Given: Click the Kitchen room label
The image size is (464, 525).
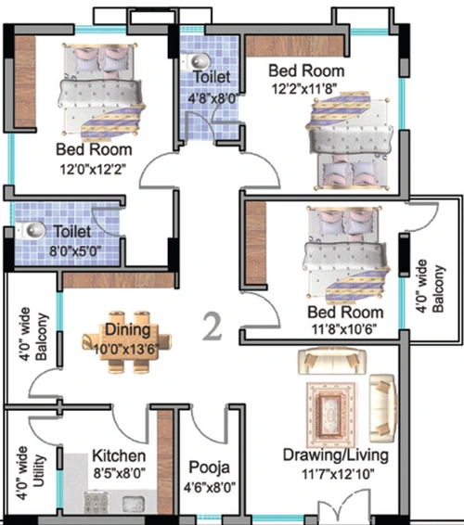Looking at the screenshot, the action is (119, 456).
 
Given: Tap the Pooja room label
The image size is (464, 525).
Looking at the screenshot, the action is (210, 467).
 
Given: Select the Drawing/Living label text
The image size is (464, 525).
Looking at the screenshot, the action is (336, 455).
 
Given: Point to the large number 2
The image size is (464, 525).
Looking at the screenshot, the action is (213, 326).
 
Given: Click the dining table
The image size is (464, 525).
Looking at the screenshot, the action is (126, 342).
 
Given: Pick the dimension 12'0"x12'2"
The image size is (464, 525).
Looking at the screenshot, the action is (93, 170).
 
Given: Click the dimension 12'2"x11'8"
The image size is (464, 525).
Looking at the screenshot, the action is (303, 89).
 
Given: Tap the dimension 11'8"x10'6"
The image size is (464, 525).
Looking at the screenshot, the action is (344, 329).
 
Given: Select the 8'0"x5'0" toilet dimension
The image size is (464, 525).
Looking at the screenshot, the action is (75, 250).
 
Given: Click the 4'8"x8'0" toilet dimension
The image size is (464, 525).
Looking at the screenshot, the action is (213, 98).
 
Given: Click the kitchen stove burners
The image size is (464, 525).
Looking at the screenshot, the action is (97, 502).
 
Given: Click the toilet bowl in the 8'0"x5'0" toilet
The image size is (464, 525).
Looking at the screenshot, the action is (31, 230).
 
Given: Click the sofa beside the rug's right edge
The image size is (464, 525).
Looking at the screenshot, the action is (382, 408).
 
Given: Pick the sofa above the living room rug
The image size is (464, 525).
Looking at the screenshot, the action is (331, 361).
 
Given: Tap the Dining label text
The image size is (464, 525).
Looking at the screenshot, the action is (128, 330).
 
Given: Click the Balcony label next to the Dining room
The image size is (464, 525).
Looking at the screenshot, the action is (41, 337).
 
